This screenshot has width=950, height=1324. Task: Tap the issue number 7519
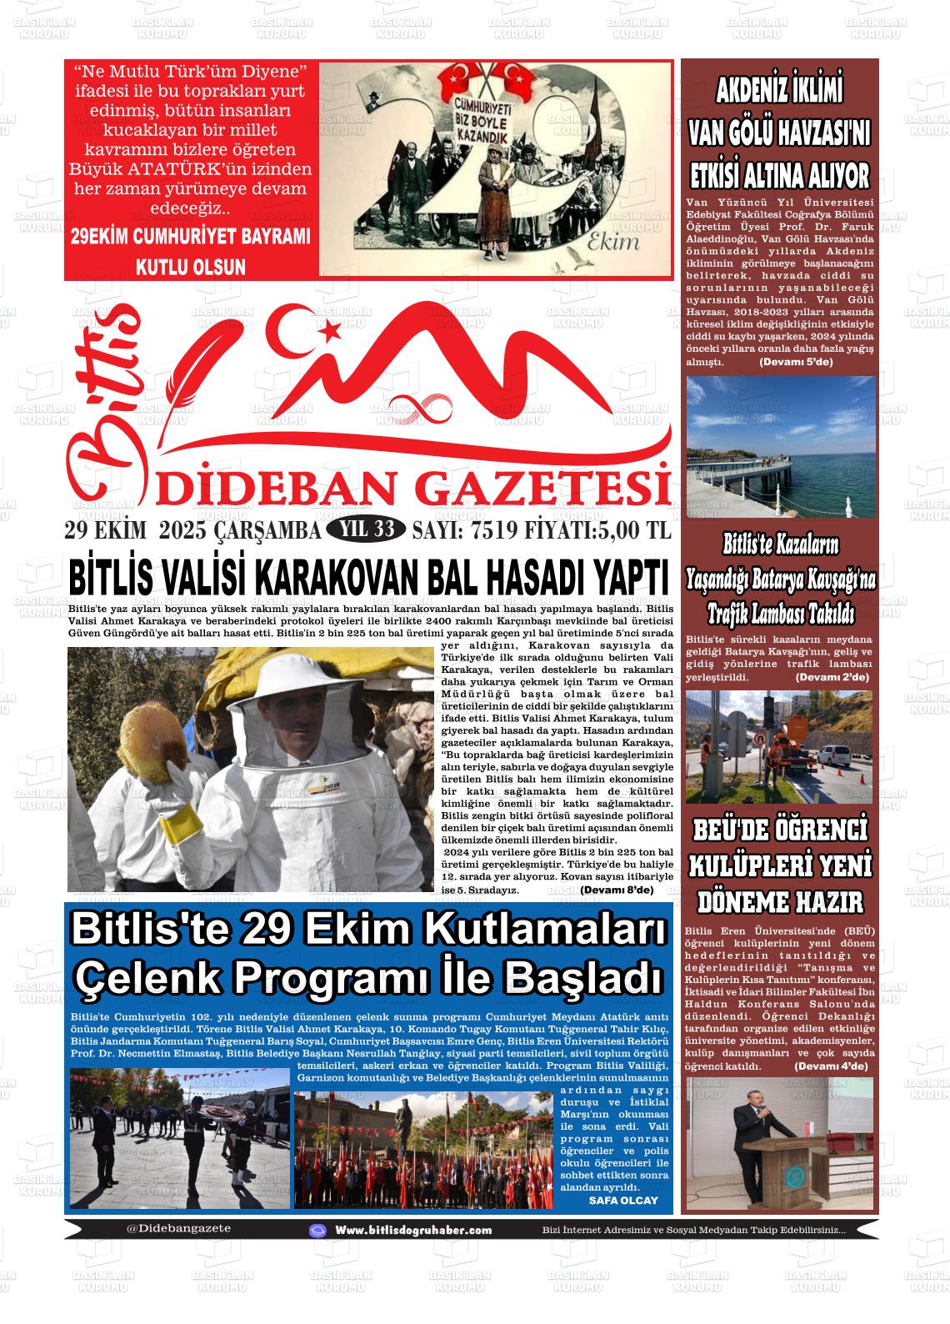click(x=492, y=530)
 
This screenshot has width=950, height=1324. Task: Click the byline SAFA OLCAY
click(x=622, y=1201)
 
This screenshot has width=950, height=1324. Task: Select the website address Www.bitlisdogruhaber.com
click(x=412, y=1230)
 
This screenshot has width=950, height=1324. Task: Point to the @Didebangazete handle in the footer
click(x=178, y=1228)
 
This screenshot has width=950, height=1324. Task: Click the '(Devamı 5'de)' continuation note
click(x=796, y=363)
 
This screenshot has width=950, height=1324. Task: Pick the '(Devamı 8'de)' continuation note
click(x=617, y=890)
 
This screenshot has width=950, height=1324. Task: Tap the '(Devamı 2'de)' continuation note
click(x=832, y=677)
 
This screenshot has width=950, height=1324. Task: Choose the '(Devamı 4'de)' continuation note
click(x=831, y=1066)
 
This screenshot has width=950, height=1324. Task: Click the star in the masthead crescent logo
click(x=328, y=331)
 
